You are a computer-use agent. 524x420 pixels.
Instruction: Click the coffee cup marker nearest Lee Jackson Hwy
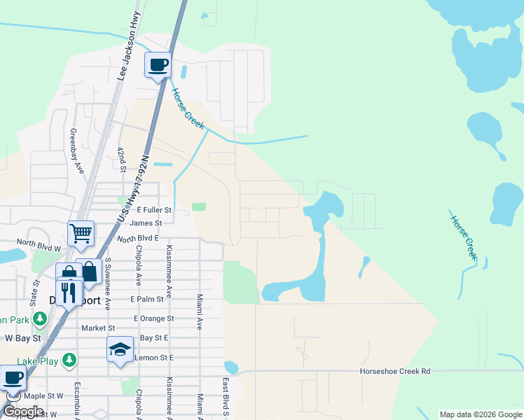click(x=158, y=65)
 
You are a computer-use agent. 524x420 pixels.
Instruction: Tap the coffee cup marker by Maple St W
click(x=13, y=379)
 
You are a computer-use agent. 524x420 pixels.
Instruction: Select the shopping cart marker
click(x=81, y=233)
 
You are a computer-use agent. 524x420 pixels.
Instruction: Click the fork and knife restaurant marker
click(x=69, y=290)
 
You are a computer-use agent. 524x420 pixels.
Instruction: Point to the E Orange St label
click(x=153, y=318)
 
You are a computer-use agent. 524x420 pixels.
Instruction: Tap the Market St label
click(x=98, y=328)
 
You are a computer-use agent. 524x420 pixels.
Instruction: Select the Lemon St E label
click(x=153, y=358)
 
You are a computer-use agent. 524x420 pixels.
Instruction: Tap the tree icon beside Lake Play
click(x=69, y=360)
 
